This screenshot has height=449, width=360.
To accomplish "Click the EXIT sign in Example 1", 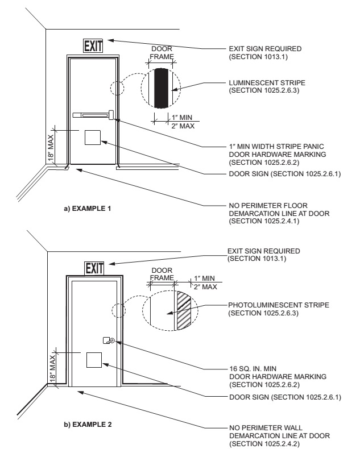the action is pyautogui.click(x=93, y=46).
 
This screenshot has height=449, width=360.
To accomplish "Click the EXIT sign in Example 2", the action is pyautogui.click(x=94, y=269).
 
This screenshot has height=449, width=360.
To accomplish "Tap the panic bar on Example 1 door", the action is pyautogui.click(x=93, y=115).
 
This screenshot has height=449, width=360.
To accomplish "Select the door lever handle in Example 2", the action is pyautogui.click(x=109, y=340).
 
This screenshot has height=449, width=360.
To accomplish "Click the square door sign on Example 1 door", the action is pyautogui.click(x=93, y=138).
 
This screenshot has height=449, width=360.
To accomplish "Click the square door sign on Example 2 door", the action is pyautogui.click(x=94, y=360).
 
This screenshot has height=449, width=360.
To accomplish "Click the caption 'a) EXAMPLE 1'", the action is pyautogui.click(x=87, y=209).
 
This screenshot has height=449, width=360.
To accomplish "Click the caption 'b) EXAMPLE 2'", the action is pyautogui.click(x=88, y=425).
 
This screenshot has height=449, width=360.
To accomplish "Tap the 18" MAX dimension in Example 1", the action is pyautogui.click(x=51, y=148).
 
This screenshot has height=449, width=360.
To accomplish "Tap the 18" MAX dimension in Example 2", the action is pyautogui.click(x=52, y=368).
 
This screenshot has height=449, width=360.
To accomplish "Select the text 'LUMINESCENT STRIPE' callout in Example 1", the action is pyautogui.click(x=267, y=83).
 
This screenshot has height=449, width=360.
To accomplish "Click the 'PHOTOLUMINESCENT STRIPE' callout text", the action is pyautogui.click(x=279, y=305).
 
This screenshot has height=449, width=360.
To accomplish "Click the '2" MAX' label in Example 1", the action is pyautogui.click(x=183, y=126).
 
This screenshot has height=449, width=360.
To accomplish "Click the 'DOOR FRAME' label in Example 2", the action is pyautogui.click(x=162, y=274).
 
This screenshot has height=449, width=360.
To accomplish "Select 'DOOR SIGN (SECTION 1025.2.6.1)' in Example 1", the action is pyautogui.click(x=284, y=174).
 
